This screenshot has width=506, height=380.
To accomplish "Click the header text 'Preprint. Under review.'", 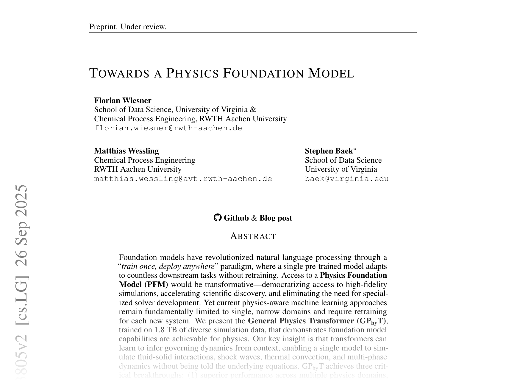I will pyautogui.click(x=128, y=27).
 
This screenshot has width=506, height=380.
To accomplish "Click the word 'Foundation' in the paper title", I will pyautogui.click(x=263, y=73).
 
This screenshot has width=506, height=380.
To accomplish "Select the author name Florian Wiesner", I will pyautogui.click(x=123, y=100).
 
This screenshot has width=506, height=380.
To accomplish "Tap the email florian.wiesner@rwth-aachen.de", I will pyautogui.click(x=168, y=128).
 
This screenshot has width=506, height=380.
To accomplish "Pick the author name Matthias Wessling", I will pyautogui.click(x=127, y=151).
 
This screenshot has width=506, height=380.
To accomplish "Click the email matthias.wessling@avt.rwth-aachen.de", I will pyautogui.click(x=183, y=179).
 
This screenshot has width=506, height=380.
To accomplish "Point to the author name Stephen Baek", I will pyautogui.click(x=328, y=151).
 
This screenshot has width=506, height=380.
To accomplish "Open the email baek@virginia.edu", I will pyautogui.click(x=347, y=179).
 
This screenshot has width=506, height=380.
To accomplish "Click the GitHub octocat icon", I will pyautogui.click(x=218, y=218).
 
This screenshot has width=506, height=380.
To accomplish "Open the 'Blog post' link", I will pyautogui.click(x=276, y=218).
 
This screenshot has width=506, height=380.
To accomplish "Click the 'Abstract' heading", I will pyautogui.click(x=253, y=236).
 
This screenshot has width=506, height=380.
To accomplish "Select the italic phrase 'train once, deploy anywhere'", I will pyautogui.click(x=168, y=266).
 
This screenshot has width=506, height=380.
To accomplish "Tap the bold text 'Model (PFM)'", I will pyautogui.click(x=143, y=284).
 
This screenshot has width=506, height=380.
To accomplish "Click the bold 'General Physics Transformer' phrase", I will pyautogui.click(x=301, y=321).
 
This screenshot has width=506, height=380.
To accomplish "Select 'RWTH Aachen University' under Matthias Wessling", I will pyautogui.click(x=138, y=169).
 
